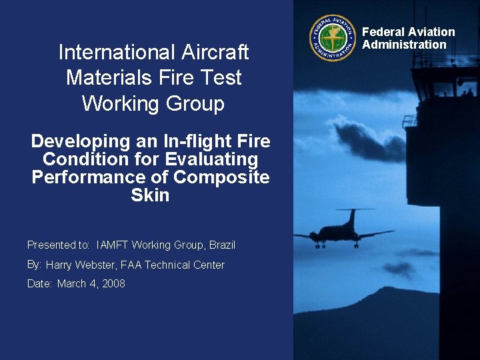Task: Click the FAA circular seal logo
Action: click(333, 38)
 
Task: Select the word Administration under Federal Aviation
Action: click(404, 45)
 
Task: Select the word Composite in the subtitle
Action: click(221, 177)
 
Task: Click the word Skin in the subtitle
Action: click(150, 195)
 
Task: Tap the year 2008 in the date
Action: click(113, 284)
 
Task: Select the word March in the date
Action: click(71, 284)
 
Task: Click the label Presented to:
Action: click(59, 245)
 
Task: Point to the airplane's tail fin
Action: click(352, 216)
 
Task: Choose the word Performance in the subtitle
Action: click(100, 177)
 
